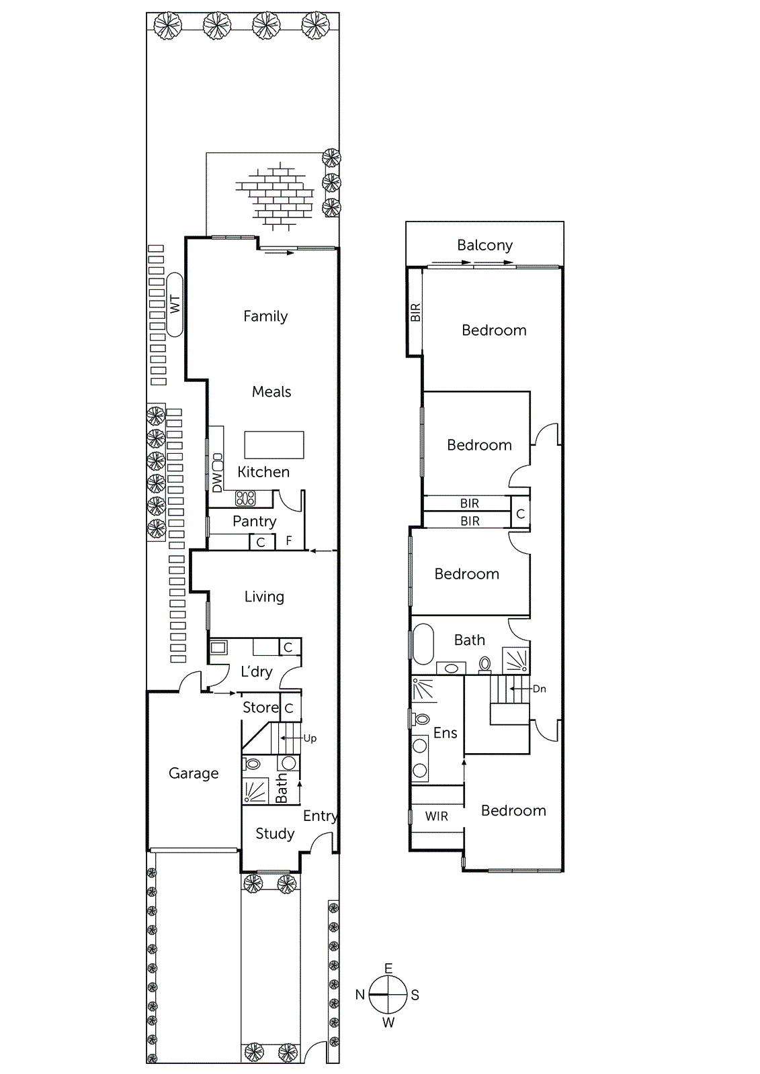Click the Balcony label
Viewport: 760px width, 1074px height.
484,245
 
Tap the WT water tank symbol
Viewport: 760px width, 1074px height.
175,304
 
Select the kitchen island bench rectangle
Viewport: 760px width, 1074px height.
273,444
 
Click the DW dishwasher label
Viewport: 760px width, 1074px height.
217,482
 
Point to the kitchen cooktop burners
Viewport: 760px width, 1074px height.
245,498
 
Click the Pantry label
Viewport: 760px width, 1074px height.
254,521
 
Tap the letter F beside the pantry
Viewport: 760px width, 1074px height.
289,540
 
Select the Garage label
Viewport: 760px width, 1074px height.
194,773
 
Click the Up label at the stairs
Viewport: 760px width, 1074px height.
310,738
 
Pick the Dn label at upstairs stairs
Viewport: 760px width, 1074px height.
539,689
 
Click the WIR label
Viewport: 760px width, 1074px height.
436,816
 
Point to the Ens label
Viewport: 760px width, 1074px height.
445,733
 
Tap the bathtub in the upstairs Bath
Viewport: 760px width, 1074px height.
423,644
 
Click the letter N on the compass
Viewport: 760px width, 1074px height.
360,995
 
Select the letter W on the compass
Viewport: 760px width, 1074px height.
388,1023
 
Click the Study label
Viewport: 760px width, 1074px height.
275,834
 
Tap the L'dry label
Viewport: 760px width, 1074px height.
256,671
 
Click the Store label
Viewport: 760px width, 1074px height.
260,707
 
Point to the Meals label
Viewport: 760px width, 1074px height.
271,392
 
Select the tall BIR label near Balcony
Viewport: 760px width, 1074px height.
415,312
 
